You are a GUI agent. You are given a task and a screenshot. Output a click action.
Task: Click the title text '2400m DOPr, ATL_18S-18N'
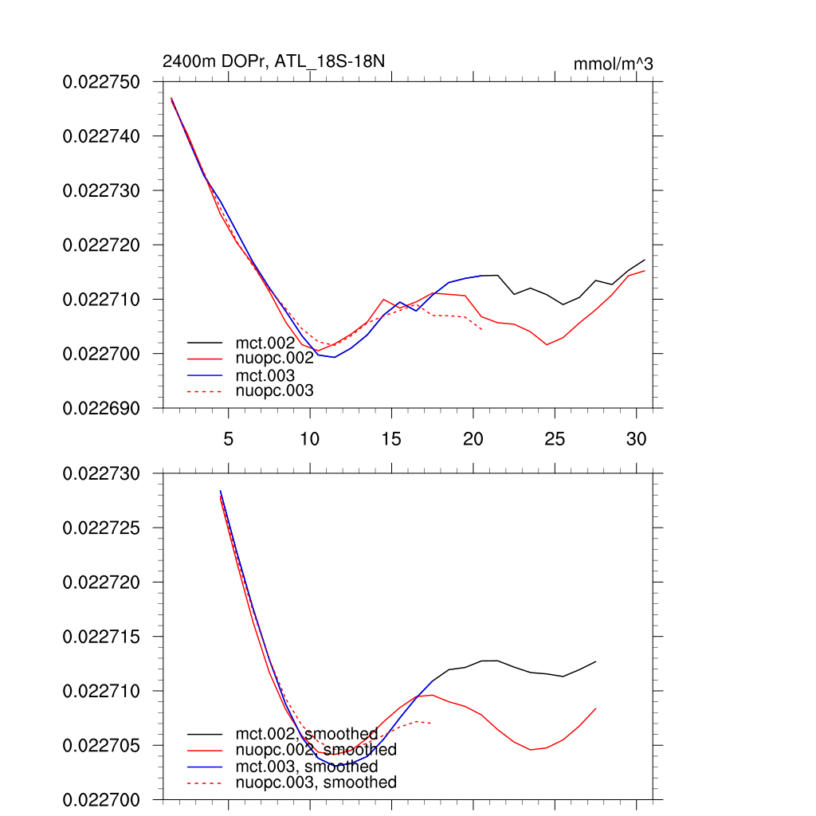tap(274, 61)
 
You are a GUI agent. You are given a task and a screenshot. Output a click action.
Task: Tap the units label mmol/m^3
tap(613, 65)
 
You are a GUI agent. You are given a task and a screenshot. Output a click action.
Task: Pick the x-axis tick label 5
tap(229, 439)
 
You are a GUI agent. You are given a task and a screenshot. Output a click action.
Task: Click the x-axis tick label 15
tap(391, 439)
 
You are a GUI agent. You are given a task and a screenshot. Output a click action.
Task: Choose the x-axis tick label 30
tap(636, 439)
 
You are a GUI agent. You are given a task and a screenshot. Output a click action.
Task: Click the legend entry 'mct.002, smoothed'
tap(306, 734)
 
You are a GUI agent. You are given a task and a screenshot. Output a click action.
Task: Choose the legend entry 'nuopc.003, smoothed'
tap(316, 783)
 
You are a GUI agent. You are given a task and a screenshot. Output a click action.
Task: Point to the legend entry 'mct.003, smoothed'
tap(306, 767)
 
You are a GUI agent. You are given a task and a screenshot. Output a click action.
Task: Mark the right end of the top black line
tap(645, 260)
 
